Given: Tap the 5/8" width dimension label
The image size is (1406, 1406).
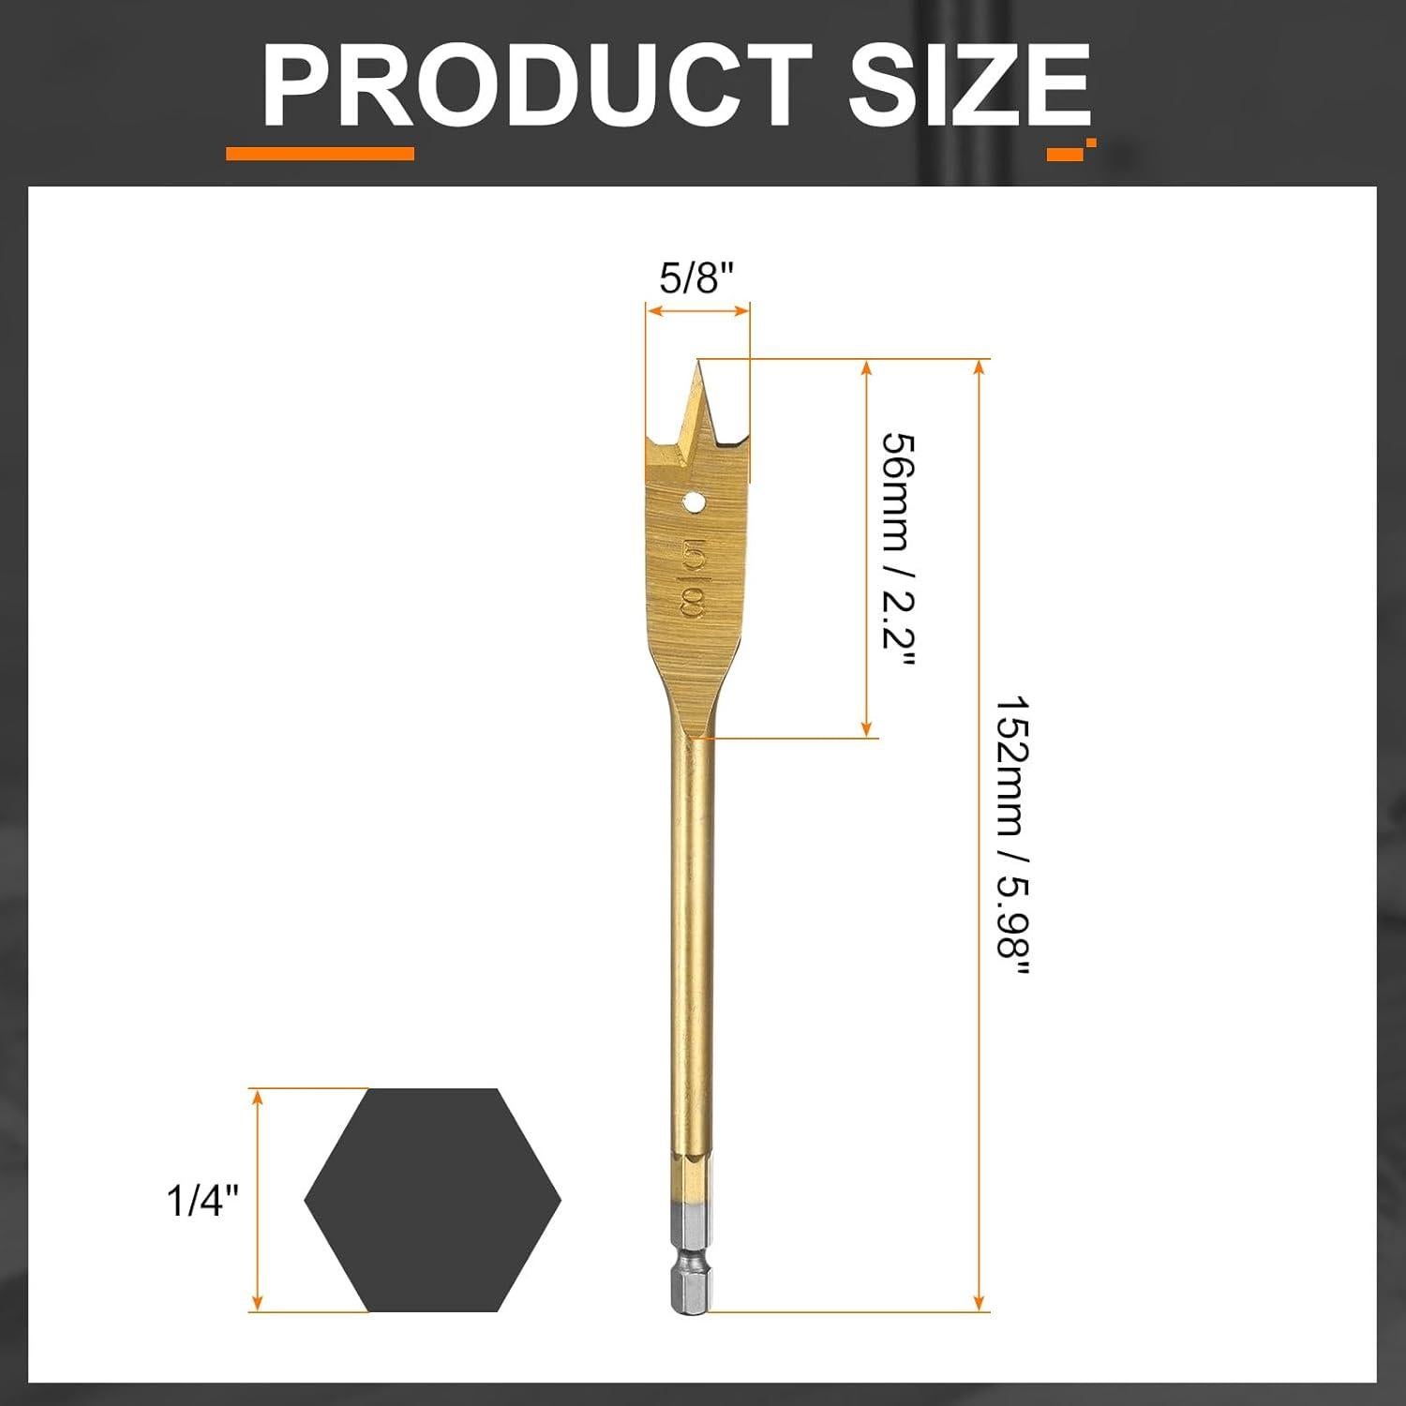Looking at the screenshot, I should click(696, 278).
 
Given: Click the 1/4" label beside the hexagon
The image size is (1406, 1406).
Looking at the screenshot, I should click(202, 1200).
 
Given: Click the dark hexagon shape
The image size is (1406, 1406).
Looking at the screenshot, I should click(432, 1200).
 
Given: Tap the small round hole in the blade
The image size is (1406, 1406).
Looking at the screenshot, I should click(695, 502).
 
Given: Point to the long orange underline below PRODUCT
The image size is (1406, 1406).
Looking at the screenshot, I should click(320, 154).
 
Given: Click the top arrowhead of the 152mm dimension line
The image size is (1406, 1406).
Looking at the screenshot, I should click(980, 366).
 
